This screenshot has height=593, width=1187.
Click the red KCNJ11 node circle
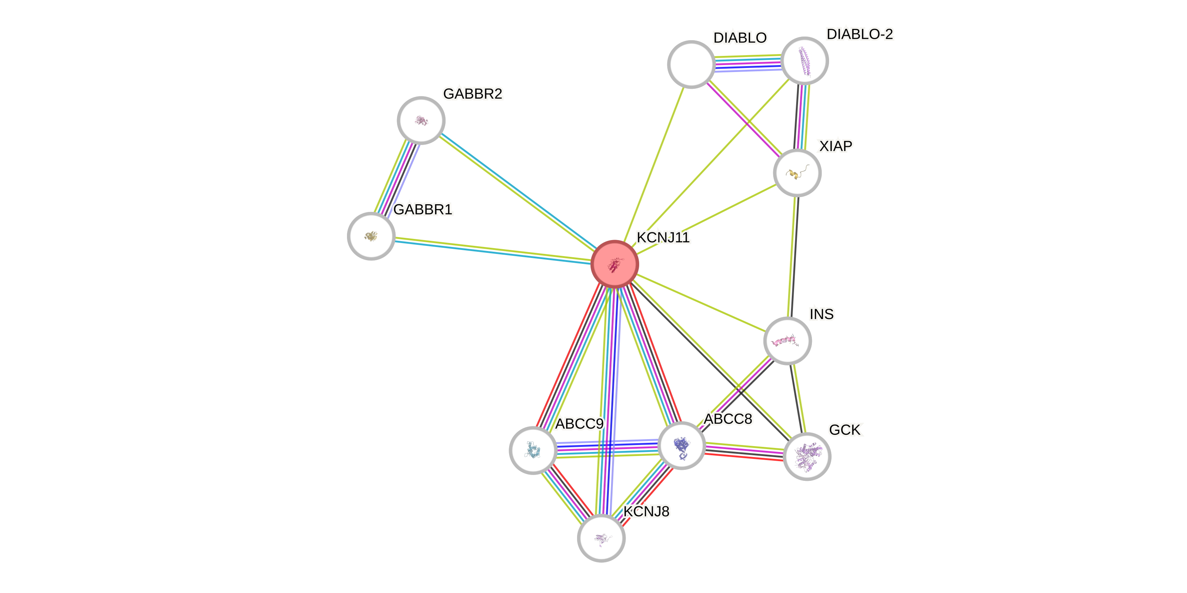point(614,264)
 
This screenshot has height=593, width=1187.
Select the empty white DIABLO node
point(691,64)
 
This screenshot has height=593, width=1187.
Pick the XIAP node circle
point(797,172)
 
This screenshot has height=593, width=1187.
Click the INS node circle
point(787,341)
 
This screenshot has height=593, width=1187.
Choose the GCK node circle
point(806,456)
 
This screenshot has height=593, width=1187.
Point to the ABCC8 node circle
point(682,445)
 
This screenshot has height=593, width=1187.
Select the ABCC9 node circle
point(533,450)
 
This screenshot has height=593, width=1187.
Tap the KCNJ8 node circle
point(601,538)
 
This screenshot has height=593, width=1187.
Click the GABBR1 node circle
point(371,236)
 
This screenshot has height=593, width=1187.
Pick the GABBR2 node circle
point(421,120)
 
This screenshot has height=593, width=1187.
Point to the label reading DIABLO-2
point(859,34)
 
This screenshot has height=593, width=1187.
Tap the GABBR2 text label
point(472,94)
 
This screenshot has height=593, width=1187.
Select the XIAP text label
point(835,146)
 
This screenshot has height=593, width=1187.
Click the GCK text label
point(845,430)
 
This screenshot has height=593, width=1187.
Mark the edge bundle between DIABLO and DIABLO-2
point(748,63)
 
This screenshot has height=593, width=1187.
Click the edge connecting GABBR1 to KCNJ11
point(493,250)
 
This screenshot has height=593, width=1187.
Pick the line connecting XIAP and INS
point(792,256)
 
